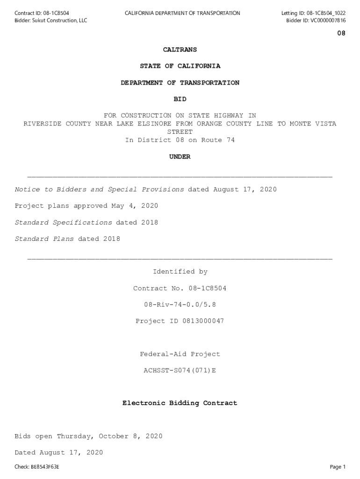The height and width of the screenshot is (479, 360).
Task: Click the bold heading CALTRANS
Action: (x=180, y=50)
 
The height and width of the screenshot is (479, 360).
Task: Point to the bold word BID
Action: (x=180, y=99)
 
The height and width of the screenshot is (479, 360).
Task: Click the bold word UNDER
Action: (x=180, y=157)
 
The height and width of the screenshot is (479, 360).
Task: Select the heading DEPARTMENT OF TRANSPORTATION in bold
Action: (x=180, y=83)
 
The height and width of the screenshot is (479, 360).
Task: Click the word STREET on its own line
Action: (x=180, y=132)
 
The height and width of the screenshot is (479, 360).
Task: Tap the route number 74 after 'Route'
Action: (x=230, y=140)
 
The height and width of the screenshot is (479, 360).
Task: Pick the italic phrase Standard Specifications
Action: (x=63, y=223)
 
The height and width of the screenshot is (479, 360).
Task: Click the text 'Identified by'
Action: (x=180, y=272)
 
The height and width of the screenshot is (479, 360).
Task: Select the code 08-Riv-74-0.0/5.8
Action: (x=180, y=305)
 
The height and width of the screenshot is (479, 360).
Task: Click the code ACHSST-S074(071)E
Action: (x=180, y=370)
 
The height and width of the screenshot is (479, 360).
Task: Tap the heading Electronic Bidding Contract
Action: (x=180, y=403)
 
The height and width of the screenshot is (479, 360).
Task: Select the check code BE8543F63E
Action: (x=45, y=467)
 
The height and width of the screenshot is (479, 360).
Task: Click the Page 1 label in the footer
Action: (x=338, y=467)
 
